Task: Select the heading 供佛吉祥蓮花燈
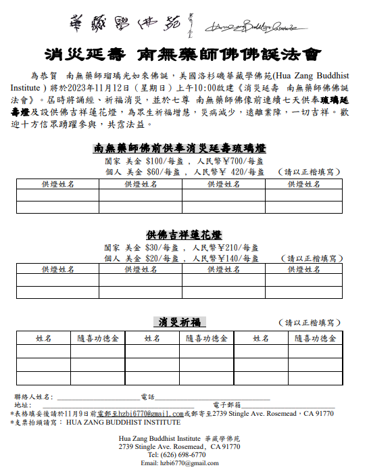tap(184, 235)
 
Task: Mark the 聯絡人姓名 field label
tap(34, 396)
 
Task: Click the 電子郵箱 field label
tap(227, 405)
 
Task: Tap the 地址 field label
tap(21, 405)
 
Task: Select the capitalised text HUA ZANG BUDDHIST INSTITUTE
tap(123, 423)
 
